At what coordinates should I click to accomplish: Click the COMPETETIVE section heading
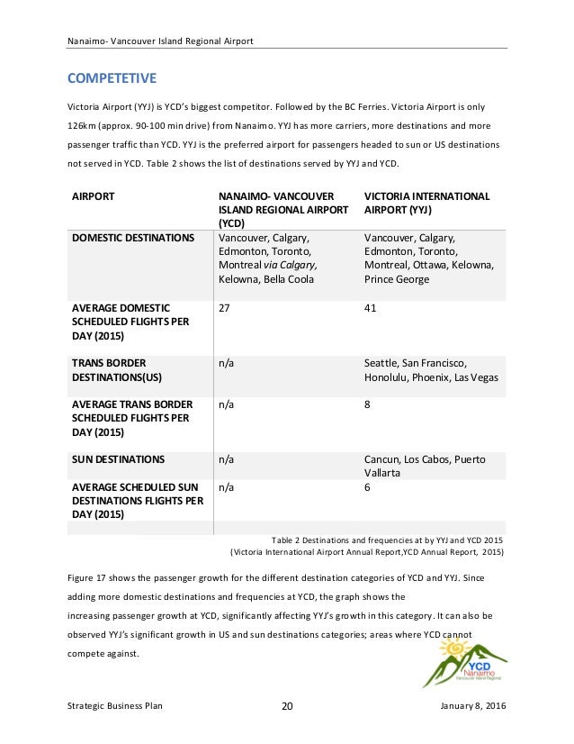[x=112, y=77]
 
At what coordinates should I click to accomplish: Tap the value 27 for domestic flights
[x=225, y=308]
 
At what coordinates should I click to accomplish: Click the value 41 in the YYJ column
[x=370, y=308]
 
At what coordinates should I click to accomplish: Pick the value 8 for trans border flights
[x=367, y=405]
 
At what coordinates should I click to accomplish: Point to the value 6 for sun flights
[x=367, y=487]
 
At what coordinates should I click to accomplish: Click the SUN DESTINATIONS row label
[x=118, y=459]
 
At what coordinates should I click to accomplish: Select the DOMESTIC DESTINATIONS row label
[x=132, y=238]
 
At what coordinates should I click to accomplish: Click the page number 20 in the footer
[x=287, y=705]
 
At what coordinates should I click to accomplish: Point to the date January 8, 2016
[x=475, y=705]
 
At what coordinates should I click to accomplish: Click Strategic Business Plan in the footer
[x=114, y=705]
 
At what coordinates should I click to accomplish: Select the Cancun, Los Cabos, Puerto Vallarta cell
[x=424, y=466]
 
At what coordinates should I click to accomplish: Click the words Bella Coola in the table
[x=290, y=279]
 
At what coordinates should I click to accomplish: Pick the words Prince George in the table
[x=397, y=279]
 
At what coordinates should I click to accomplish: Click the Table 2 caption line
[x=386, y=539]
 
